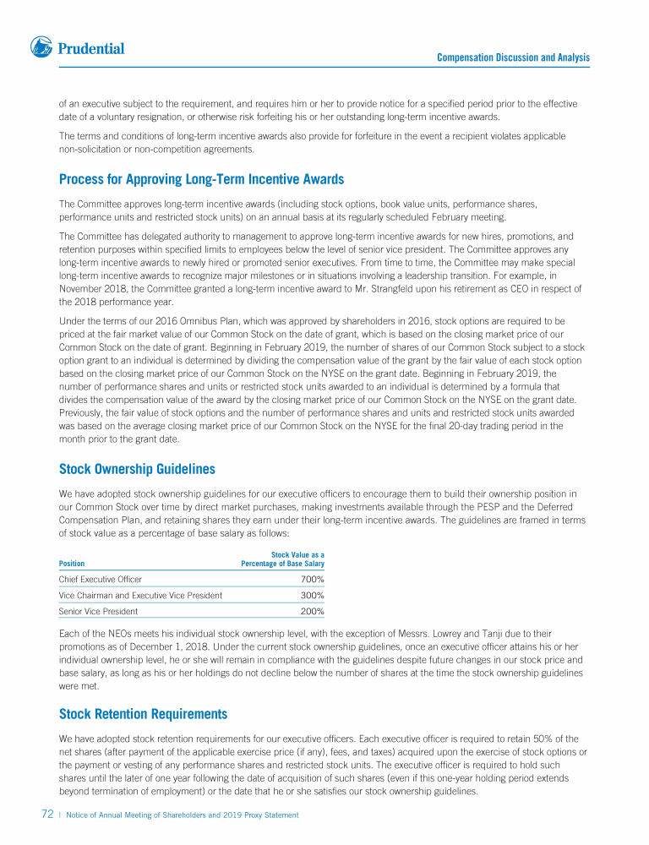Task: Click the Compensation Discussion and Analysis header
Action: [x=513, y=57]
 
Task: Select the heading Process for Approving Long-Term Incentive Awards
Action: [x=201, y=179]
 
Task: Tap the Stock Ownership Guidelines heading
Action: [x=137, y=469]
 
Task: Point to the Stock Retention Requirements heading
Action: [x=143, y=714]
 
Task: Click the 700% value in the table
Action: [x=313, y=580]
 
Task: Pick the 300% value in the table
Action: [x=313, y=596]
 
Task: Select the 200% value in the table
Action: [x=313, y=611]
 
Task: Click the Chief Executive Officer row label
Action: [x=101, y=580]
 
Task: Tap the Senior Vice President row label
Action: [x=98, y=611]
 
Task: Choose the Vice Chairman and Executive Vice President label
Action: [x=140, y=596]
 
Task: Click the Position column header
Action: [x=72, y=564]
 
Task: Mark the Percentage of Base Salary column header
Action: [x=283, y=564]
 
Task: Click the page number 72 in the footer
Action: [x=48, y=815]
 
